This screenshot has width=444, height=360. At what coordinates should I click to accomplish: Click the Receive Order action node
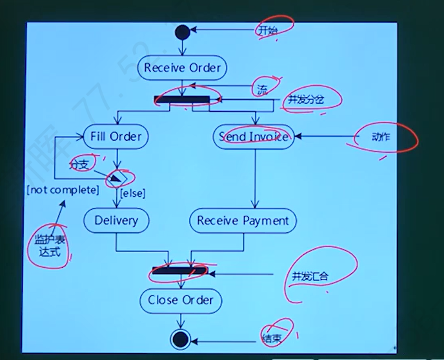click(182, 68)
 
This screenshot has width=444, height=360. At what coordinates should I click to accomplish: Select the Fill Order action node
click(116, 136)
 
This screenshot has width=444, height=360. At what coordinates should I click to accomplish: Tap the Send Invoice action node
click(253, 136)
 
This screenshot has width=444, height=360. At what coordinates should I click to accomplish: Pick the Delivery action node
click(116, 221)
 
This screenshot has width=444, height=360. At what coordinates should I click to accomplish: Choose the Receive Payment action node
click(243, 221)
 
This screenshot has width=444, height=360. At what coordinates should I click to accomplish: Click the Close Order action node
click(181, 300)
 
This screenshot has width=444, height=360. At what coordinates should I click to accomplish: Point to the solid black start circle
click(183, 30)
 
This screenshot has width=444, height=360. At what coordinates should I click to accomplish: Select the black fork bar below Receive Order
click(183, 99)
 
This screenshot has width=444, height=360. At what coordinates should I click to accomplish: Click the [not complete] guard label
click(63, 190)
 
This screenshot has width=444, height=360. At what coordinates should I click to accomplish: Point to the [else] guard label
click(133, 192)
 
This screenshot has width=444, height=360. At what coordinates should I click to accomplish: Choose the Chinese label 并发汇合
click(310, 276)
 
